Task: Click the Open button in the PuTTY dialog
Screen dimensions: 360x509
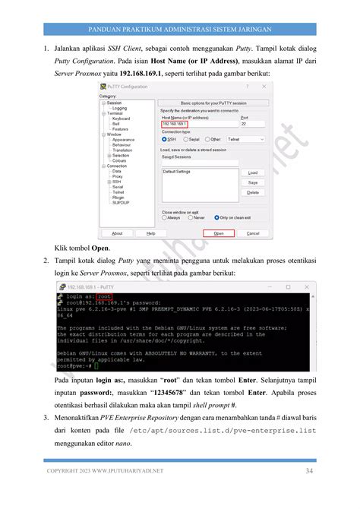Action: pyautogui.click(x=218, y=233)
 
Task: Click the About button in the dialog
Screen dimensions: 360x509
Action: pyautogui.click(x=117, y=233)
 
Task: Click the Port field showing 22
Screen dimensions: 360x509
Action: pyautogui.click(x=251, y=124)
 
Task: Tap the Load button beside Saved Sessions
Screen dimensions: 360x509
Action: pyautogui.click(x=252, y=172)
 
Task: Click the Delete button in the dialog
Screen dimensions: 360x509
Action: pyautogui.click(x=252, y=192)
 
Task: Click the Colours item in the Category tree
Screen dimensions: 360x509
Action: pyautogui.click(x=119, y=161)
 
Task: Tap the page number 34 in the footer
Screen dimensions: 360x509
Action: pyautogui.click(x=309, y=472)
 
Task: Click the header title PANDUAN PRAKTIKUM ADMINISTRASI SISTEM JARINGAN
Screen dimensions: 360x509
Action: pyautogui.click(x=180, y=30)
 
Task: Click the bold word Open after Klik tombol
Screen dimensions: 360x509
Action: pyautogui.click(x=100, y=248)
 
